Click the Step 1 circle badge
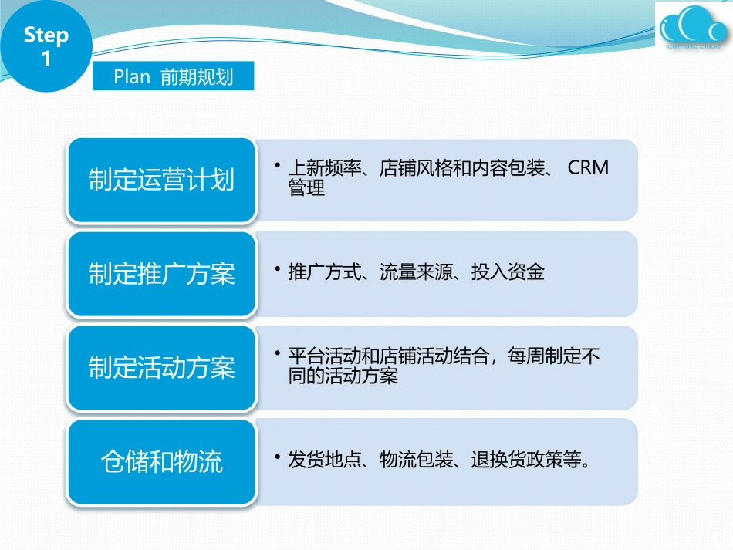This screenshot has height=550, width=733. [x=46, y=46]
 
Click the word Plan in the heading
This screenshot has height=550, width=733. [x=131, y=77]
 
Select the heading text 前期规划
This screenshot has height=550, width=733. [x=197, y=77]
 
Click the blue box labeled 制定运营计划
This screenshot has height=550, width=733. [x=161, y=181]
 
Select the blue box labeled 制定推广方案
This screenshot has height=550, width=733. [x=161, y=274]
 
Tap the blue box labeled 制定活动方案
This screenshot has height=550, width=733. [x=161, y=368]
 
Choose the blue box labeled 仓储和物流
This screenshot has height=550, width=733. [x=161, y=461]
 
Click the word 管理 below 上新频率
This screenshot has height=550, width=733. [x=306, y=188]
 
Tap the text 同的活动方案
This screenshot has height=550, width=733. [x=343, y=376]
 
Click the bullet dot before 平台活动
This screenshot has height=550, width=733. [x=276, y=353]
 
